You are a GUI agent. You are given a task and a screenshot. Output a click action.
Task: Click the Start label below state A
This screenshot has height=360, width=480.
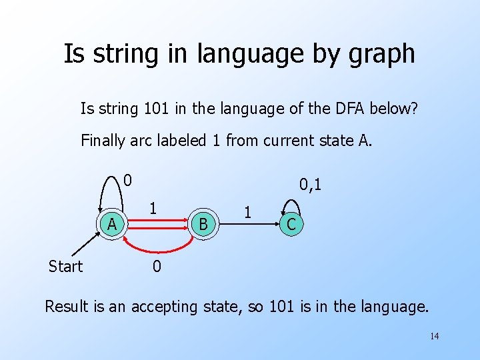[65, 267]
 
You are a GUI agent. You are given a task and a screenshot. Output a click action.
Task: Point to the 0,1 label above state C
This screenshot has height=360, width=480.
[310, 183]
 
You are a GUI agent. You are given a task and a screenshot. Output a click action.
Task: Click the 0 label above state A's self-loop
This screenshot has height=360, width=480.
[128, 179]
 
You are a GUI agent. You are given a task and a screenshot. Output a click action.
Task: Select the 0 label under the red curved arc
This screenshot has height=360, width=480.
[155, 267]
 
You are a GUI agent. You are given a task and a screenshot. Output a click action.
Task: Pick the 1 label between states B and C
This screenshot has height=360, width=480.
[247, 213]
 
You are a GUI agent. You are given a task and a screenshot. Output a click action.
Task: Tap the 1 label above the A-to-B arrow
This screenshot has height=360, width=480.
[153, 207]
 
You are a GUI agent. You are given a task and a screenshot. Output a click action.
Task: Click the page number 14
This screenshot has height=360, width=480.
[434, 336]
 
